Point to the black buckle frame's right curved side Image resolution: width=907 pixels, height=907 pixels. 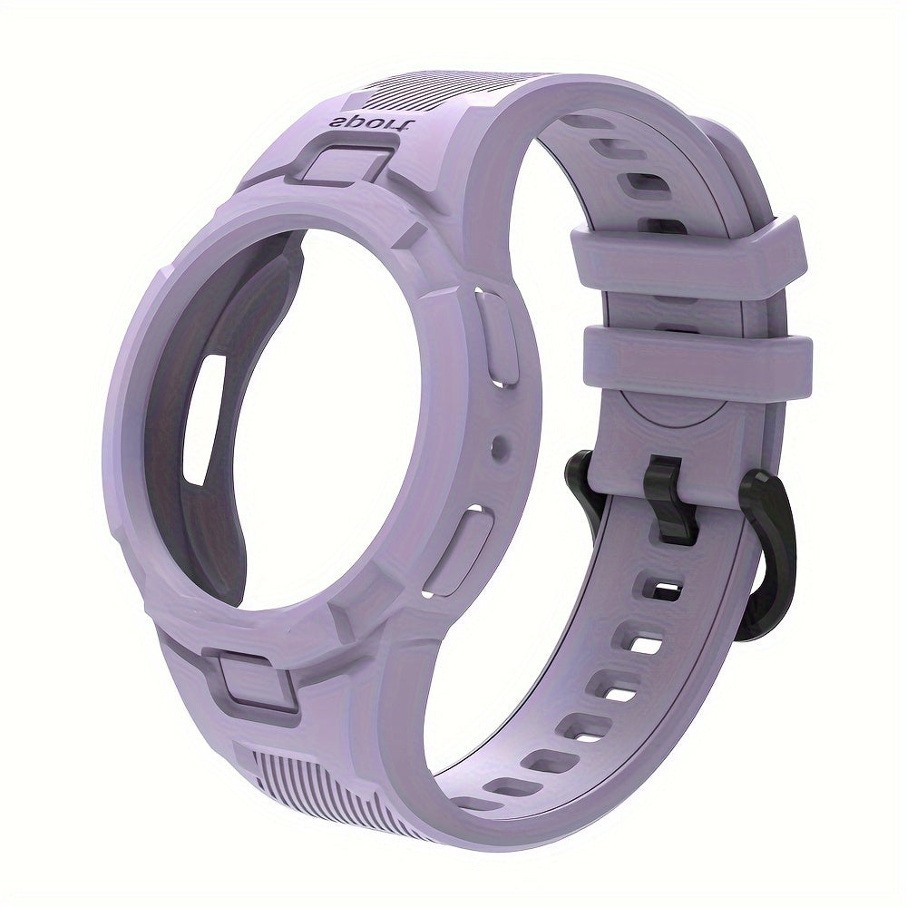pos(771,553)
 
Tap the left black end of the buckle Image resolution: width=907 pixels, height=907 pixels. pos(580,481)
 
